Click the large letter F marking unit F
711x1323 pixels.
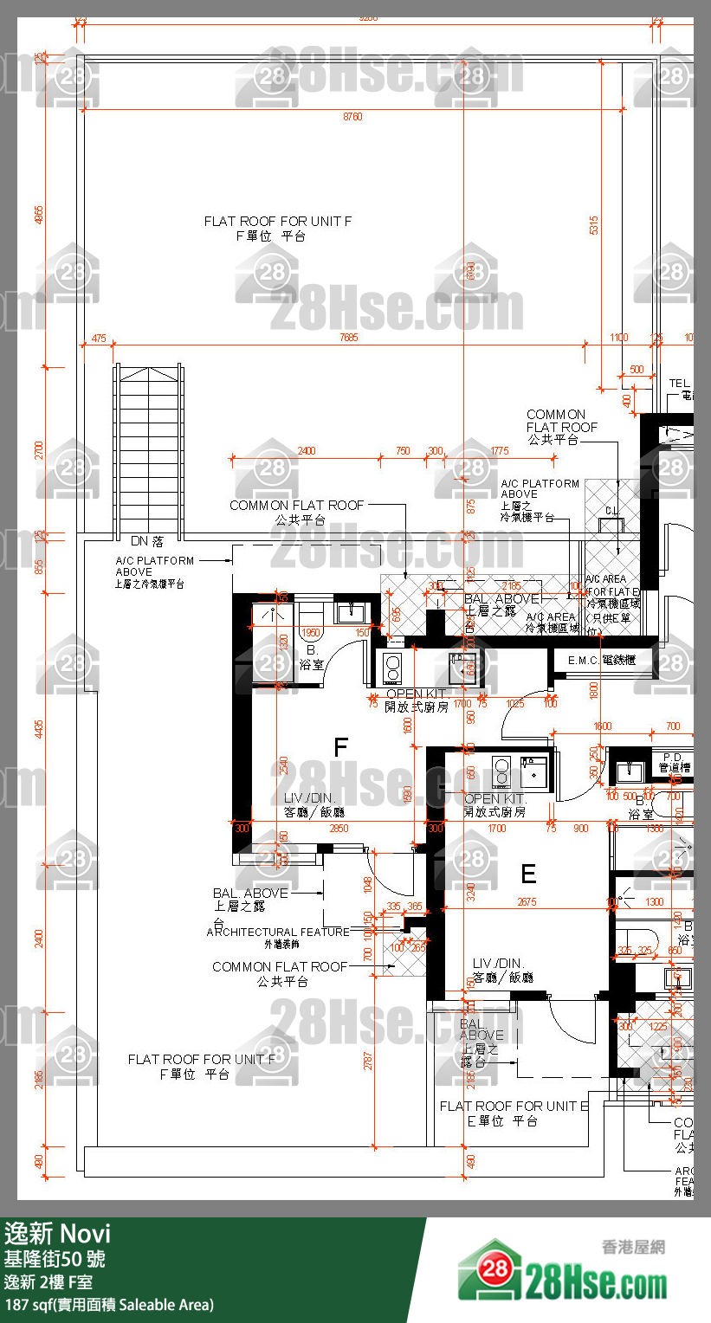pos(341,747)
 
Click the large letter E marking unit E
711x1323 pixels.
pos(528,874)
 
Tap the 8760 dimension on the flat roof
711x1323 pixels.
pos(352,116)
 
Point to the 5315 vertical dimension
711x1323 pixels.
pos(594,226)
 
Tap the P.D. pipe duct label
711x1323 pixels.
pos(673,757)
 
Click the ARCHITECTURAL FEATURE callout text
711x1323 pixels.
pos(278,933)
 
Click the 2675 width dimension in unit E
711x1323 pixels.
pos(527,902)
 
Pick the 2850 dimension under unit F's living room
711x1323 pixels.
pos(339,829)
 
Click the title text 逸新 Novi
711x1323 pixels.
pos(58,1232)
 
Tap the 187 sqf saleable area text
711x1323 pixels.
pos(109,1304)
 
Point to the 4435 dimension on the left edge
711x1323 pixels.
pos(37,729)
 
